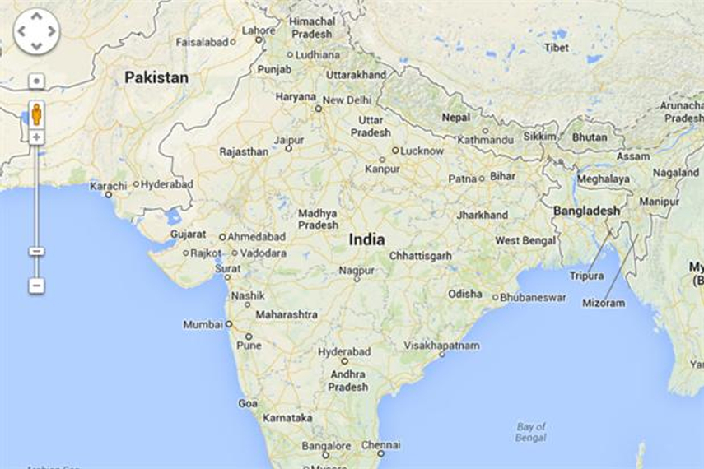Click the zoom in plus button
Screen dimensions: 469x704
click(36, 137)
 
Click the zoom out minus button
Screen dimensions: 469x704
click(36, 286)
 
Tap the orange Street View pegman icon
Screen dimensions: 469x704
click(36, 113)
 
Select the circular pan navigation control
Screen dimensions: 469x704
click(37, 32)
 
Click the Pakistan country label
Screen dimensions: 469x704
click(156, 77)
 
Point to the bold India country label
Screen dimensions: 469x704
click(366, 239)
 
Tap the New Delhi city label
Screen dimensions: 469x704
click(347, 100)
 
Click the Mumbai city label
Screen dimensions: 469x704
click(203, 325)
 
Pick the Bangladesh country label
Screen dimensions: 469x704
click(586, 211)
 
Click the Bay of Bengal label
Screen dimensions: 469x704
click(531, 432)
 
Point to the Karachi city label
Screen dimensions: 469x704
click(109, 186)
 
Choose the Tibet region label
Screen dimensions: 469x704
click(557, 48)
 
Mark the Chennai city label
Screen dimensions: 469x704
click(381, 445)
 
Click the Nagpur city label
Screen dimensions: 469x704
click(357, 270)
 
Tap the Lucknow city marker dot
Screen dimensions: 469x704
click(395, 151)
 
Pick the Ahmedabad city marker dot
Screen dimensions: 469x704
click(222, 237)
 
